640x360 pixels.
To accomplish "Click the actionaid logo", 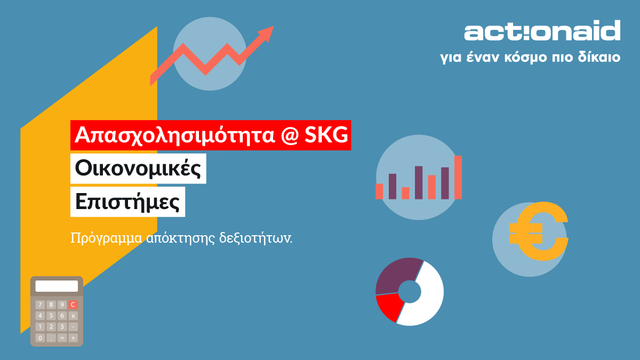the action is (542, 30).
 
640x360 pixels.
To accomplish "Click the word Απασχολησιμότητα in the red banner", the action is (174, 135).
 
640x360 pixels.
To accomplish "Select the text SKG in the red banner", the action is (326, 134).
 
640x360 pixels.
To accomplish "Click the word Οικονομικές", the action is (138, 169).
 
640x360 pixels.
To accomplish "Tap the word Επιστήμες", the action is (127, 202).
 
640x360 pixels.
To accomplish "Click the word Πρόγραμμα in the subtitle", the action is (106, 238).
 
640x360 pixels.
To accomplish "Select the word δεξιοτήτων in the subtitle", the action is (255, 238).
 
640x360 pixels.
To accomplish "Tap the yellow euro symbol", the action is (539, 231).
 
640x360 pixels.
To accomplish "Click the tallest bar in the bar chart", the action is (458, 177).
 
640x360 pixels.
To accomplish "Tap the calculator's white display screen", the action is (57, 286).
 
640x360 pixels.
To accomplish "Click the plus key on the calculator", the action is (73, 338).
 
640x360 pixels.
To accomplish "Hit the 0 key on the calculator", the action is (40, 338).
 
